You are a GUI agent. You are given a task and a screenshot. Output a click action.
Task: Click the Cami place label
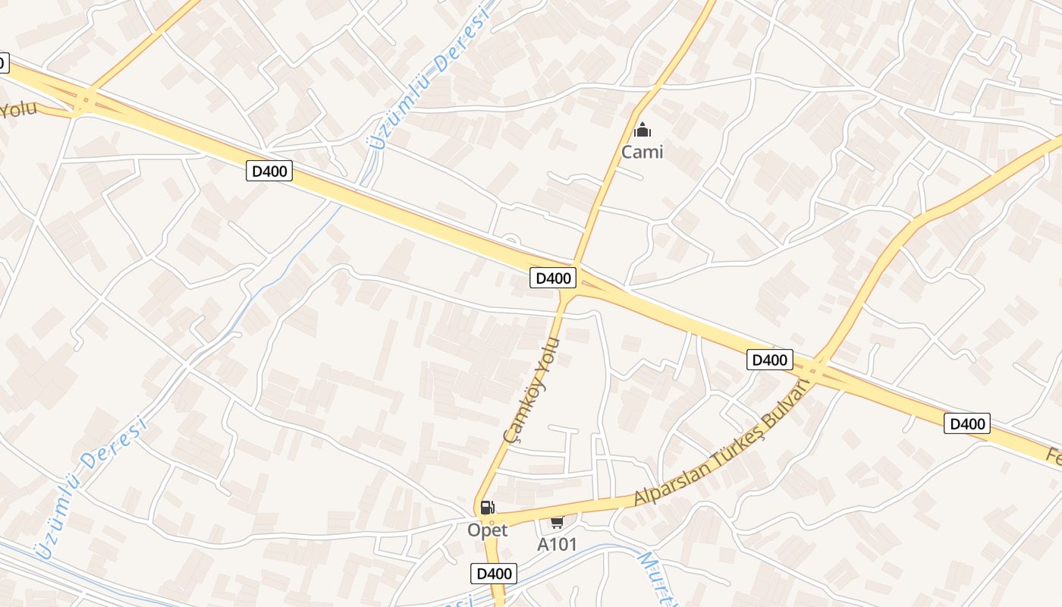(x=642, y=152)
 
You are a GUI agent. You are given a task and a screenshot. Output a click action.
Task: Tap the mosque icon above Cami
(x=642, y=131)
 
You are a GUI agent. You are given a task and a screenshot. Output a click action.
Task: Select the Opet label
(x=487, y=530)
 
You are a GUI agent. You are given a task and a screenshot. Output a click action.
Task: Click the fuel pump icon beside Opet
(x=487, y=508)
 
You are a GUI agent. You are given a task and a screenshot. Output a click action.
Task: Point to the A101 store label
(x=557, y=544)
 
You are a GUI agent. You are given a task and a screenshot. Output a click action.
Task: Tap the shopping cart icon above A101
(x=557, y=522)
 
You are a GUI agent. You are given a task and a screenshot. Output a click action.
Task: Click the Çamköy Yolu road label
(x=531, y=390)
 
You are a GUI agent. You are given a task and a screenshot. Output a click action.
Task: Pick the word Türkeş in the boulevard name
(x=733, y=450)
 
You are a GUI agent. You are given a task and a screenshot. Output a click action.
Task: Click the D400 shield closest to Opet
(x=494, y=574)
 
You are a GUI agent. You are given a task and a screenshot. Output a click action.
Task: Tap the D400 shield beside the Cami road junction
(x=553, y=278)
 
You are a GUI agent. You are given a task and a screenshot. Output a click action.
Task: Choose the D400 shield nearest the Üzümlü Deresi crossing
(x=269, y=171)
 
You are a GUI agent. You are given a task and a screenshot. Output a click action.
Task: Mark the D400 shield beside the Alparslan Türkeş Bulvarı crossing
(x=769, y=360)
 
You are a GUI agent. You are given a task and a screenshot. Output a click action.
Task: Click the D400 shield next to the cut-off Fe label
(x=967, y=423)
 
